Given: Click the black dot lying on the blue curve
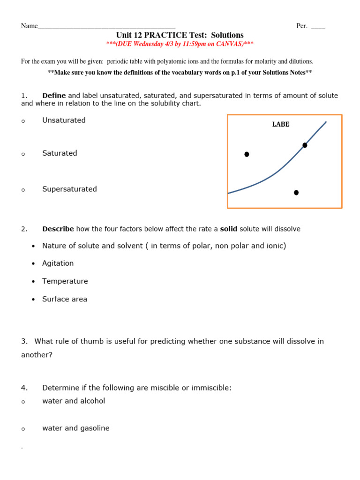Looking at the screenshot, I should click(x=305, y=145).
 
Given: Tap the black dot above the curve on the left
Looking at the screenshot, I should click(x=247, y=154).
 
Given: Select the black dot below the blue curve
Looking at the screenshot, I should click(x=296, y=193).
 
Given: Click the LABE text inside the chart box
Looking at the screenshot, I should click(x=281, y=124).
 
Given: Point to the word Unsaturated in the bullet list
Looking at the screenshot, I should click(x=64, y=120).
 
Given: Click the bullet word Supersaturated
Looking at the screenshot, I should click(x=69, y=189).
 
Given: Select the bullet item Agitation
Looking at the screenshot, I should click(x=58, y=263).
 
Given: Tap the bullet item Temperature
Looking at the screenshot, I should click(x=65, y=281).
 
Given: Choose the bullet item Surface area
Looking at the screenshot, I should click(x=65, y=299).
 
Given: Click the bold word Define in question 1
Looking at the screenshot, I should click(x=54, y=96).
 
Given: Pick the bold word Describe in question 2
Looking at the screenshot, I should click(x=58, y=229).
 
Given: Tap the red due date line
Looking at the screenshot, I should click(x=180, y=44).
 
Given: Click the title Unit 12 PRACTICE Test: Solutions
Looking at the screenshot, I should click(x=180, y=35).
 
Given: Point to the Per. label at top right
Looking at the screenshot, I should click(x=302, y=26).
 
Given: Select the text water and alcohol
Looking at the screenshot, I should click(x=74, y=401).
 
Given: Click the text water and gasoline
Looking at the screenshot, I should click(x=76, y=428).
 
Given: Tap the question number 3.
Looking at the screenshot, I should click(x=23, y=341).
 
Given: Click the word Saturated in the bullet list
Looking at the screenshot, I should click(x=60, y=153).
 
